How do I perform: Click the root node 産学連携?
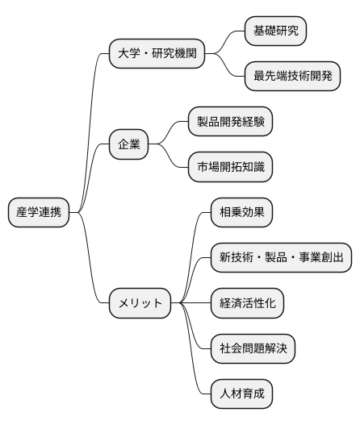[39, 212]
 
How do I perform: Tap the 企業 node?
[129, 145]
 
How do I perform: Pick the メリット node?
[140, 303]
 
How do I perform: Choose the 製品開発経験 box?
[229, 122]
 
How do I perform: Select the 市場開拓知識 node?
[229, 168]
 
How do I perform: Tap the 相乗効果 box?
[241, 213]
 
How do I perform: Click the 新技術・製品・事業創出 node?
[281, 258]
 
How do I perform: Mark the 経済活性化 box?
[247, 303]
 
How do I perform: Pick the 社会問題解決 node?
[252, 349]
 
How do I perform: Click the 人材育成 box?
[241, 394]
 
